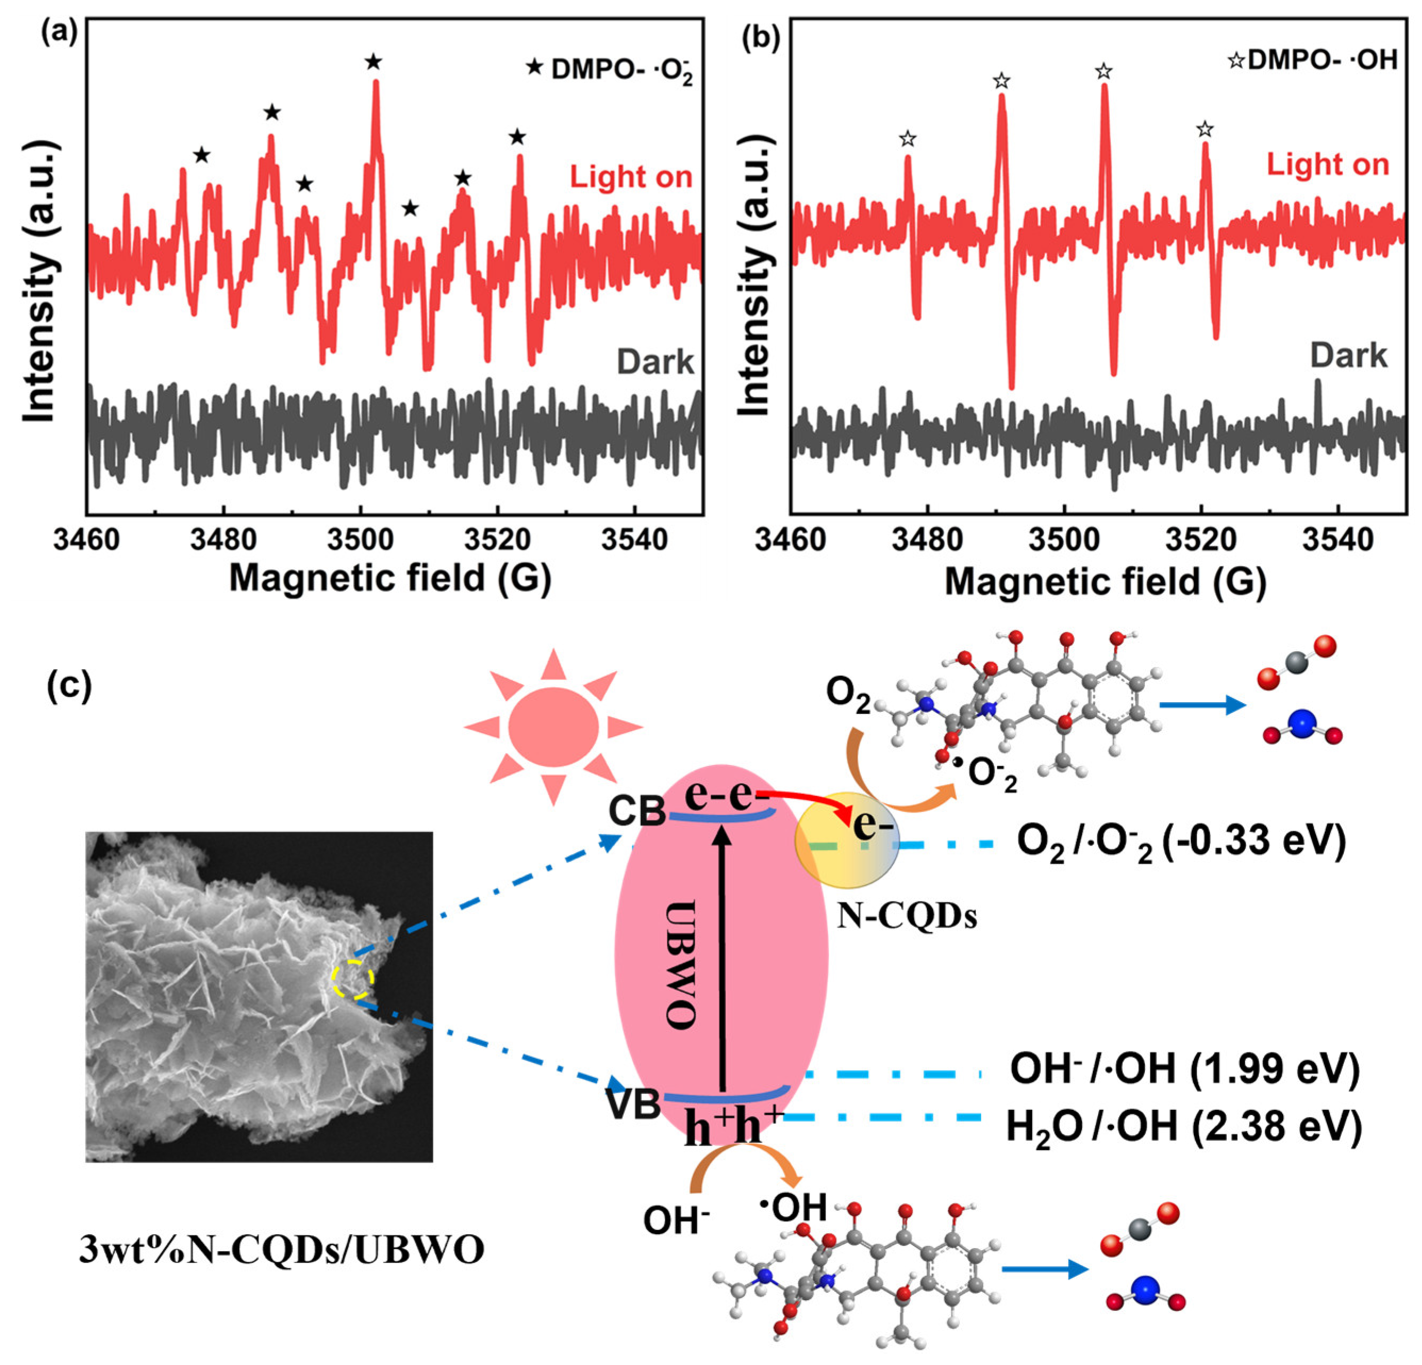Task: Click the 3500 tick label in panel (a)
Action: point(361,541)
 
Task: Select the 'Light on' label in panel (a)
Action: point(631,177)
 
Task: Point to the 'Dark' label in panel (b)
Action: point(1348,356)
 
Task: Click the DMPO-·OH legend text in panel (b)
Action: point(1322,60)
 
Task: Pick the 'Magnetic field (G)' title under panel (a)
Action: point(390,578)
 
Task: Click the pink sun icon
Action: point(553,726)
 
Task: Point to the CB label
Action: point(636,812)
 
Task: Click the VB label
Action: point(633,1106)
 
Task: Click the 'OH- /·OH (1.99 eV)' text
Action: point(1185,1069)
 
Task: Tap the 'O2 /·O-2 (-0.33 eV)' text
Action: point(1181,841)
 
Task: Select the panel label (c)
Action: point(70,685)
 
